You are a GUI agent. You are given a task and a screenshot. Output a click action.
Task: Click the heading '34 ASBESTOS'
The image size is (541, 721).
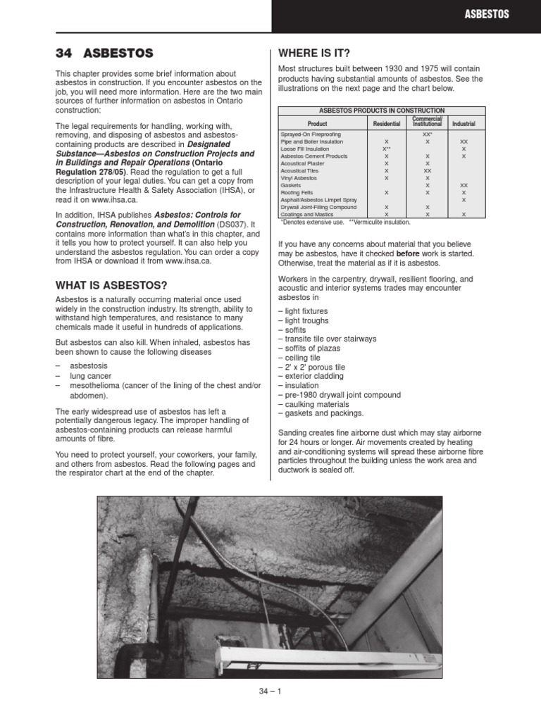104,54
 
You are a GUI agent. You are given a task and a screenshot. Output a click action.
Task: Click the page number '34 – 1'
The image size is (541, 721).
270,691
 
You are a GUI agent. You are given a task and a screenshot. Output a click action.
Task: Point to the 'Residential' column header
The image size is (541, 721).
386,123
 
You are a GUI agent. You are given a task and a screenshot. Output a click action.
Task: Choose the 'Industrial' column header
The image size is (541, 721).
463,123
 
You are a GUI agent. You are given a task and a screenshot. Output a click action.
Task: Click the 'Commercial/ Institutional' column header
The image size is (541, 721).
427,121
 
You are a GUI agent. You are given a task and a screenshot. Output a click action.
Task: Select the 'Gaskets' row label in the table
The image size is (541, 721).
291,185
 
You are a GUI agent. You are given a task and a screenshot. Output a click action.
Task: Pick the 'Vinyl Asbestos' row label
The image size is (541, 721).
299,178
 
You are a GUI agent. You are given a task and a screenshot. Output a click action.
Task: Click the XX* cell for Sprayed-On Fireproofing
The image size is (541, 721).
427,134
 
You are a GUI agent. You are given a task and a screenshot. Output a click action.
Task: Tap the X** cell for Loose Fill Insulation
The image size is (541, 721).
386,149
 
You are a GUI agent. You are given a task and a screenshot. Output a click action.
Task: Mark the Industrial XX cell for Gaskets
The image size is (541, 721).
463,185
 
